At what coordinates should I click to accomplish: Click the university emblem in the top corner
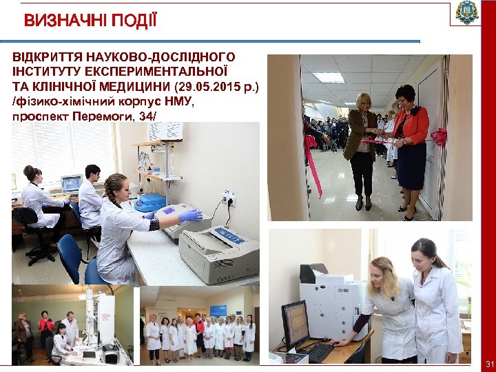pyautogui.click(x=468, y=13)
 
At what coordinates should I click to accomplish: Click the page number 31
pyautogui.click(x=490, y=363)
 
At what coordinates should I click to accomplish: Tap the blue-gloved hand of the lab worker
pyautogui.click(x=189, y=216)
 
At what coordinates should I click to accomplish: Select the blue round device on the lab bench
pyautogui.click(x=150, y=203)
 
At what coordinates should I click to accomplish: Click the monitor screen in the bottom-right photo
pyautogui.click(x=296, y=324)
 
